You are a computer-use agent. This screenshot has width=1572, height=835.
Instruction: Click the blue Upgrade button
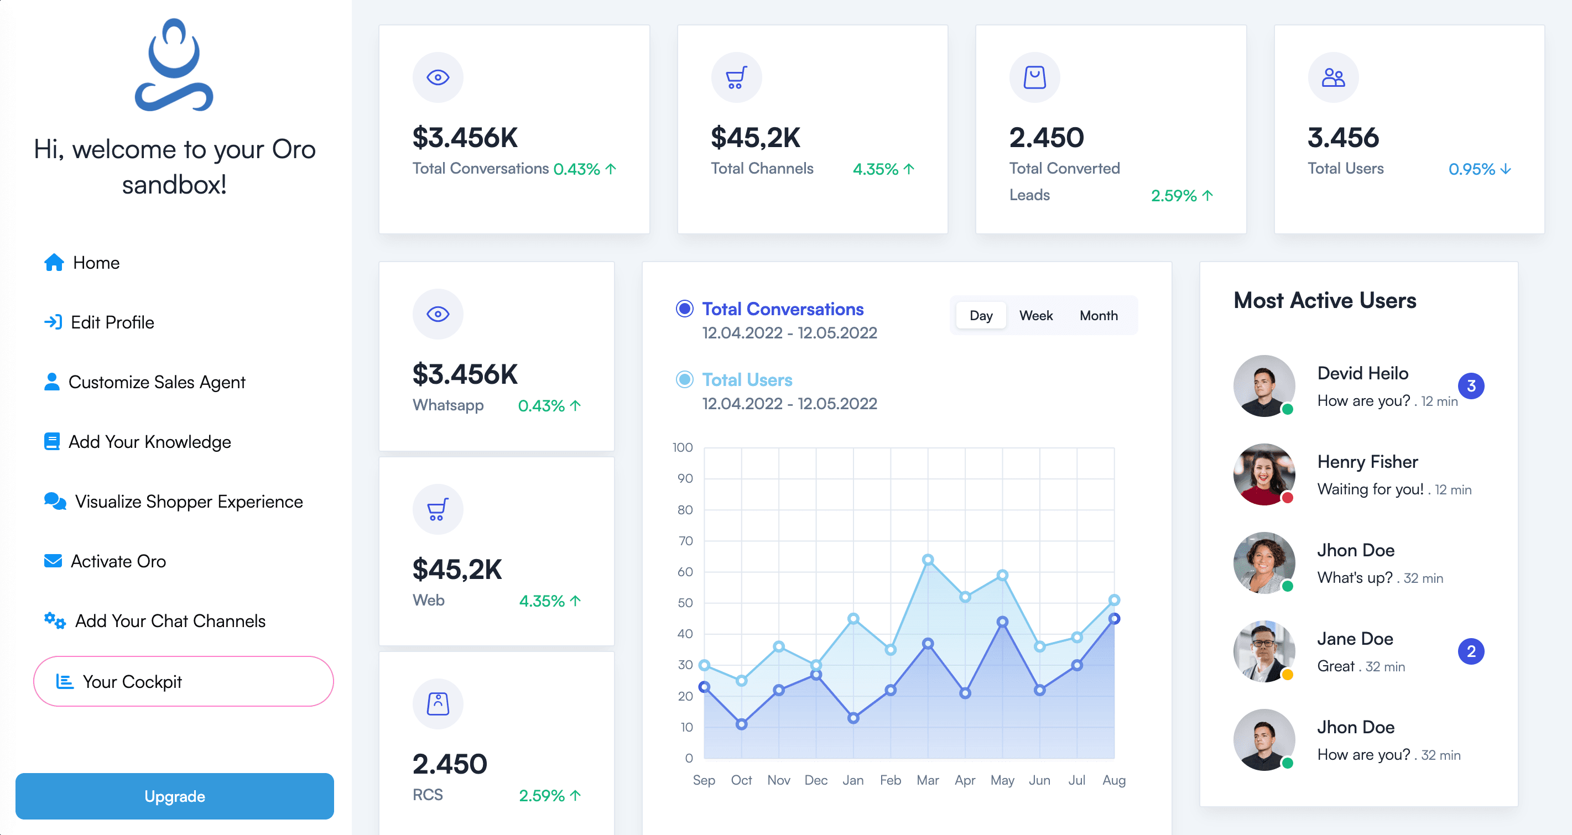click(175, 796)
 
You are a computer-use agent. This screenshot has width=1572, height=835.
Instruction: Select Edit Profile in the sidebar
click(112, 322)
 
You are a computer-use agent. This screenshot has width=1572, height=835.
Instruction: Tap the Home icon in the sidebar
click(54, 262)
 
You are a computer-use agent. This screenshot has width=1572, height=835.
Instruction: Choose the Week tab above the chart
click(1035, 315)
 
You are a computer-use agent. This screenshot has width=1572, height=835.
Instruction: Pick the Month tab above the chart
click(1099, 315)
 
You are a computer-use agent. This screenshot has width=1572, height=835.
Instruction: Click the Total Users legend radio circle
click(685, 379)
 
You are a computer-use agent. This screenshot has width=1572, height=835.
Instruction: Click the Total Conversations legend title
click(782, 309)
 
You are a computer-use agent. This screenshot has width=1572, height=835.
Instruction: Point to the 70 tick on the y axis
click(685, 540)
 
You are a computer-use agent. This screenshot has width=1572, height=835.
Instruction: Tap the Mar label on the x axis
click(927, 780)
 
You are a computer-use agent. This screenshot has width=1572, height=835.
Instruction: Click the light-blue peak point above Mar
click(928, 559)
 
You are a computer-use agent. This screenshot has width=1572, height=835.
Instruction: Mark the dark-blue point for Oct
click(741, 724)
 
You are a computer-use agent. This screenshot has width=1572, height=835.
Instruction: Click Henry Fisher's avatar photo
click(1264, 474)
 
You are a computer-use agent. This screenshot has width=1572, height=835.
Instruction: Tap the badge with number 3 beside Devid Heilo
click(1471, 385)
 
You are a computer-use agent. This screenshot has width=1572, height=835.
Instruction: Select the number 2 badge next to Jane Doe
click(1471, 651)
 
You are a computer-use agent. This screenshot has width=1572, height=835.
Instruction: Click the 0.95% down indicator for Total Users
click(1479, 169)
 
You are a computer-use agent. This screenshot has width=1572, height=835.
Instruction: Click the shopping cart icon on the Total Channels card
click(736, 77)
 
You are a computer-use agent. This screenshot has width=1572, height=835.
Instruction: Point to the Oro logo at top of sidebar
click(174, 65)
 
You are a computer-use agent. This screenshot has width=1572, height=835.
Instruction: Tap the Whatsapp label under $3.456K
click(448, 405)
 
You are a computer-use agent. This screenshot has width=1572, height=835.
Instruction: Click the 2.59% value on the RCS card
click(542, 795)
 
